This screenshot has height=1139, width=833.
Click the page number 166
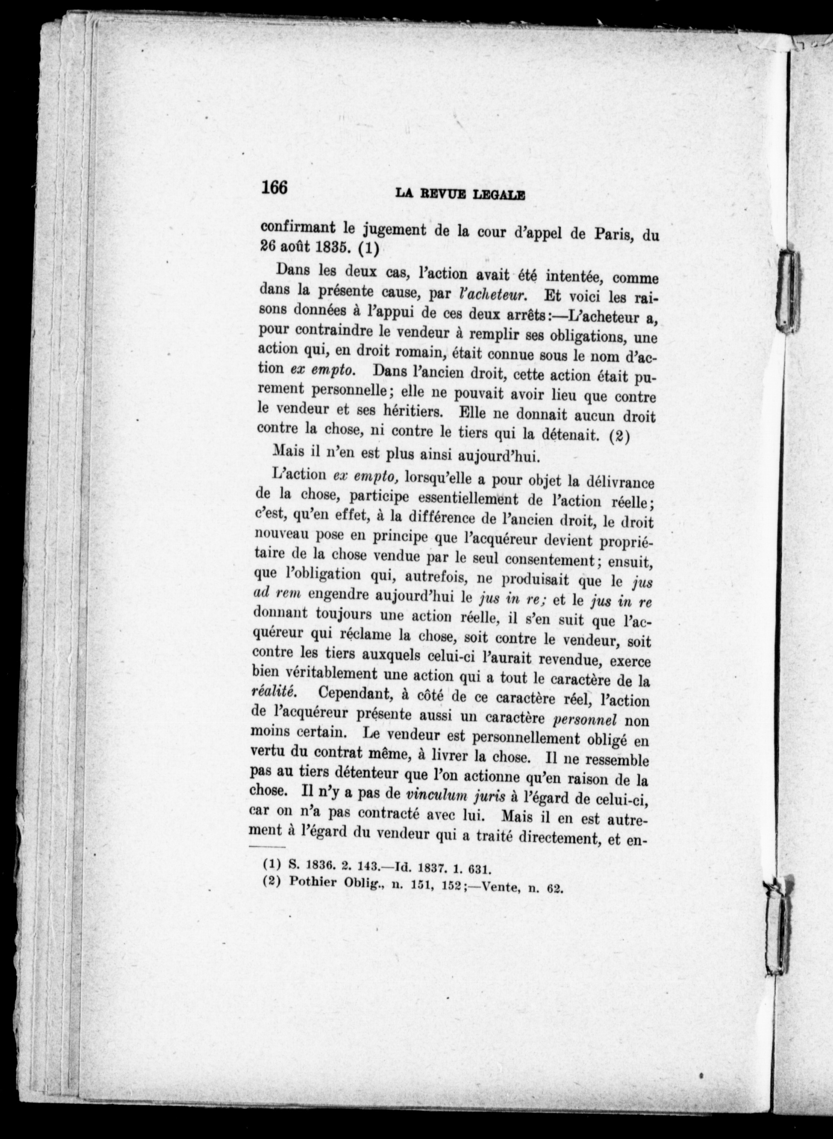point(274,188)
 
